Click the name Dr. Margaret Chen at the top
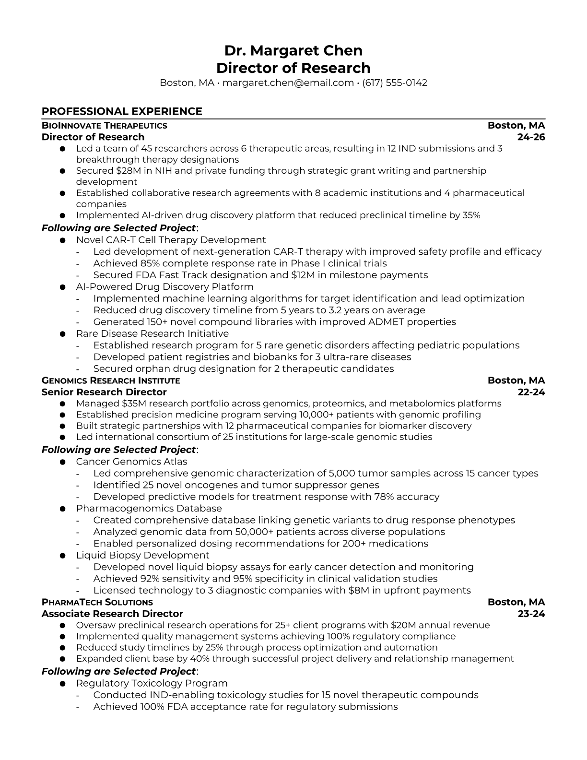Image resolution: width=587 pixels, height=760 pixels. click(293, 51)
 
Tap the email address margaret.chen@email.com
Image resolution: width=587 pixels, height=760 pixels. click(288, 83)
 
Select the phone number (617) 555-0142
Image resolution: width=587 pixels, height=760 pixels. click(394, 83)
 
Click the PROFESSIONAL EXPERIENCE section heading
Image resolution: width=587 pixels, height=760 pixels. click(122, 111)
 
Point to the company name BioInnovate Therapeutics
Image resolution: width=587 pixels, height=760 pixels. click(105, 126)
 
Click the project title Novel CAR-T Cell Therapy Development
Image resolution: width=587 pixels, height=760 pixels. click(171, 240)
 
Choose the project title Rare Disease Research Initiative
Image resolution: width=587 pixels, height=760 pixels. click(152, 333)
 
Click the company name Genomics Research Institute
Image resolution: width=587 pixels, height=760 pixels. click(111, 381)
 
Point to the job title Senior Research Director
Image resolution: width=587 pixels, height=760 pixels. click(104, 392)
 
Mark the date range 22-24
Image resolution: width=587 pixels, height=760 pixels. click(531, 392)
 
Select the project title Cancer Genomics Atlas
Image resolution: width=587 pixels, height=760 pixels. click(131, 462)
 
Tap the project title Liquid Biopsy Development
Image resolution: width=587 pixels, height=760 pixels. click(142, 555)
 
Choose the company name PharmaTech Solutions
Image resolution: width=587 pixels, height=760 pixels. click(97, 603)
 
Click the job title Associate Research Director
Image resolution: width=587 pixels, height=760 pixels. click(112, 614)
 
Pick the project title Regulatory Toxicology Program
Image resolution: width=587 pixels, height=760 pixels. click(152, 683)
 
